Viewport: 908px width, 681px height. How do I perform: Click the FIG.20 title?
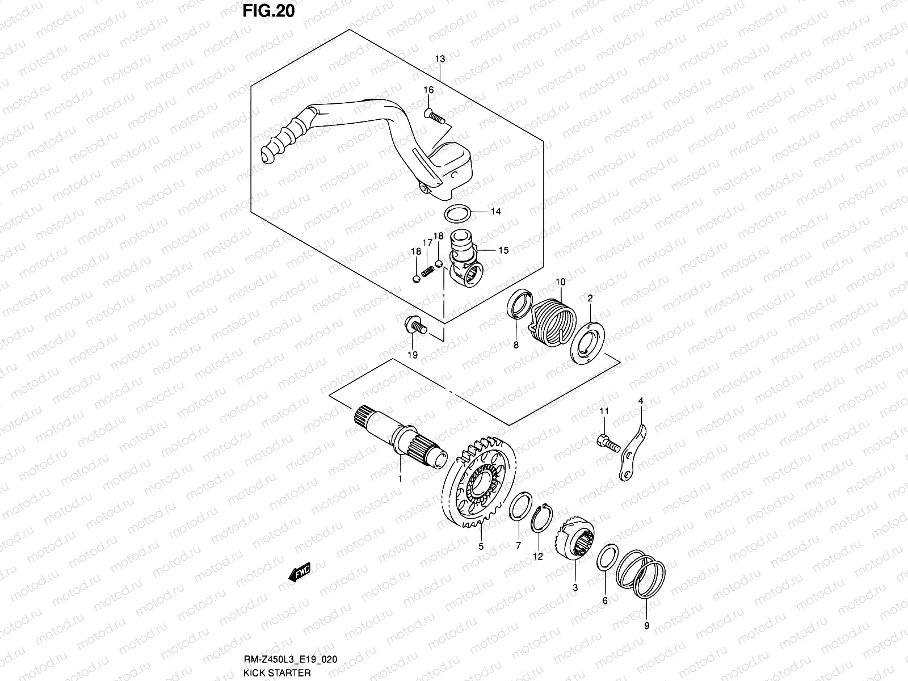tap(269, 11)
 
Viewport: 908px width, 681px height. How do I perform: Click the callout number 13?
tap(440, 59)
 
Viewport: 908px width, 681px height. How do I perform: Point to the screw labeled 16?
tap(435, 116)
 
